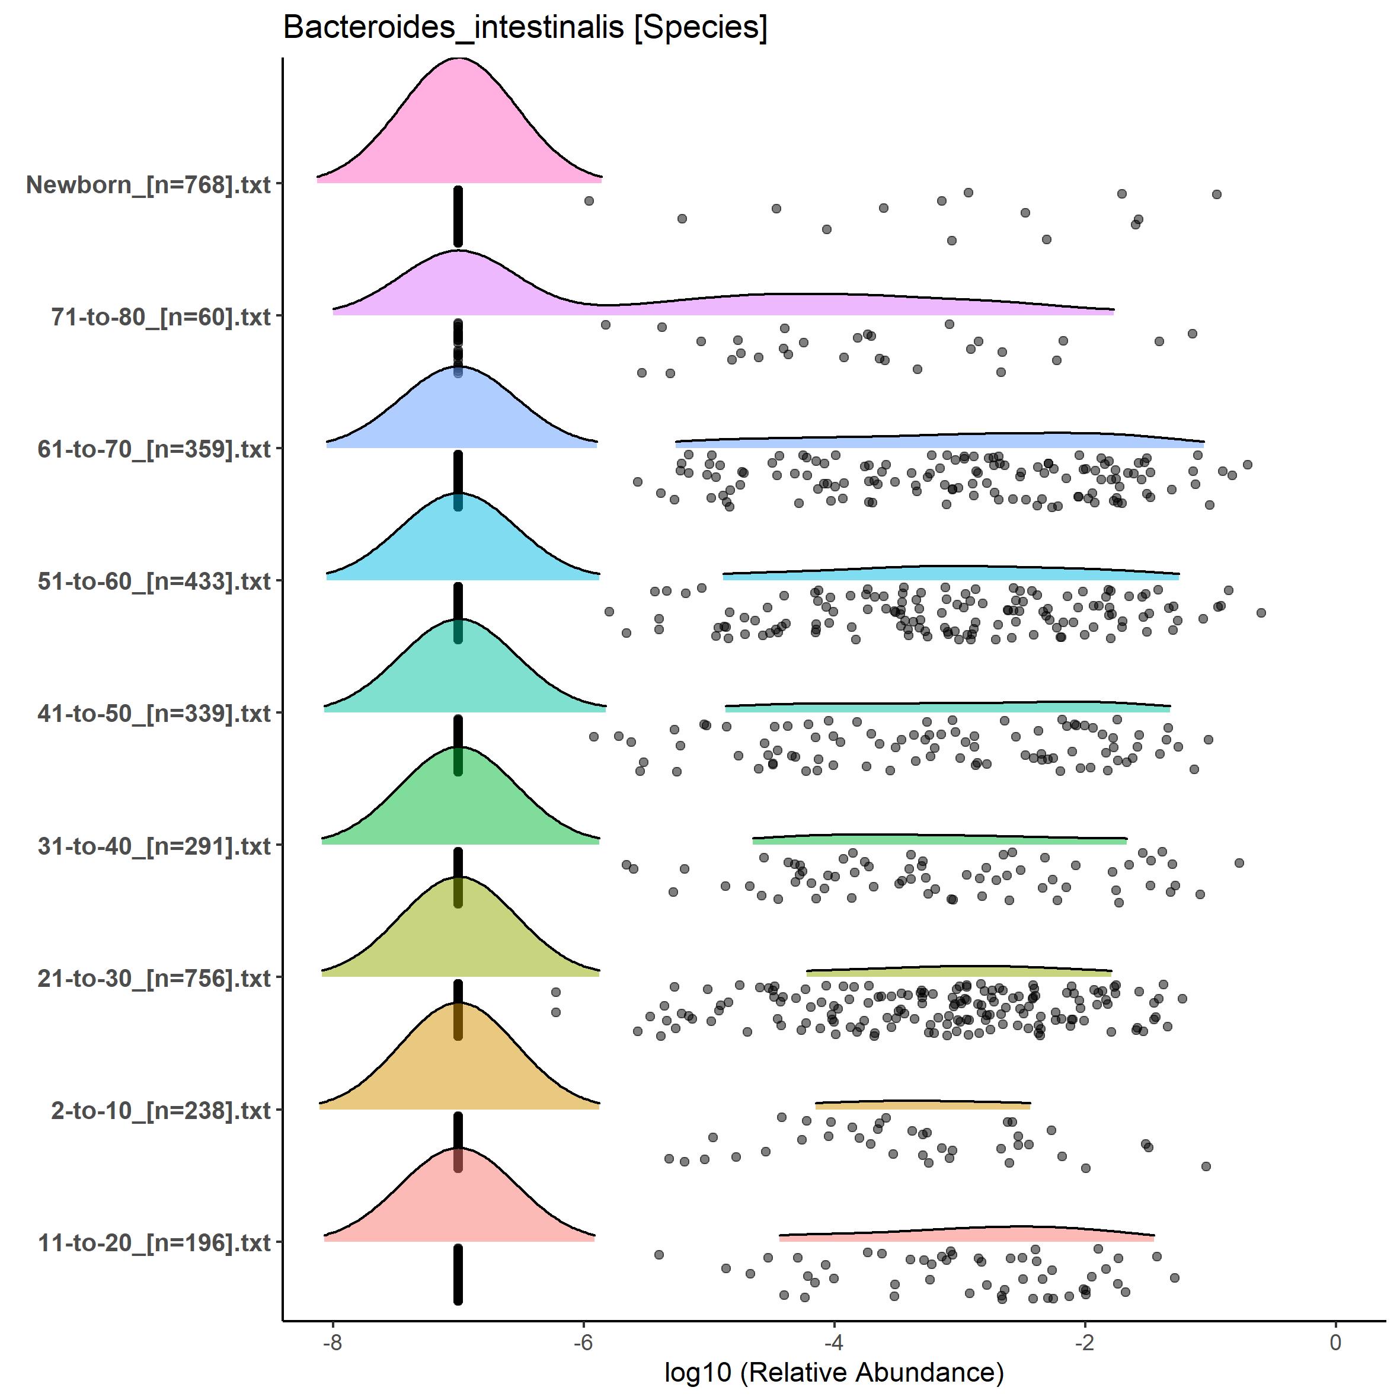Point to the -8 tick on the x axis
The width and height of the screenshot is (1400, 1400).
(x=333, y=1343)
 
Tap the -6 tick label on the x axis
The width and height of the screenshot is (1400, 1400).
(x=583, y=1343)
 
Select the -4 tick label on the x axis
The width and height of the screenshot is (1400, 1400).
(x=834, y=1343)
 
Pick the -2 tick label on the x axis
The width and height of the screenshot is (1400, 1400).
(x=1085, y=1343)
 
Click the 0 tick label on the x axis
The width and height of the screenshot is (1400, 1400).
(x=1335, y=1343)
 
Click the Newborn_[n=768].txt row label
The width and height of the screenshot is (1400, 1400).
(x=149, y=185)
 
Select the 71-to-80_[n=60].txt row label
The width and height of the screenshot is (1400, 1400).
(x=161, y=317)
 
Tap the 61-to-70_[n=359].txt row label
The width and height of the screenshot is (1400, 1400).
(x=154, y=449)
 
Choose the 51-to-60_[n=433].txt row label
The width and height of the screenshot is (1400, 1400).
(x=154, y=581)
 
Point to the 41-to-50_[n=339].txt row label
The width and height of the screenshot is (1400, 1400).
(x=154, y=714)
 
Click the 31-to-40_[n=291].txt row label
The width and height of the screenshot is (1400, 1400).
(x=154, y=846)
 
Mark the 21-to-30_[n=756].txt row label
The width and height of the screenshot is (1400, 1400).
(x=154, y=978)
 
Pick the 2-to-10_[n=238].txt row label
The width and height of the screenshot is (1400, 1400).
(x=161, y=1111)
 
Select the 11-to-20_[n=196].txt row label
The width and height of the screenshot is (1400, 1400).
(x=154, y=1243)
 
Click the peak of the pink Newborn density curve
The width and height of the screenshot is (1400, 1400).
(x=459, y=59)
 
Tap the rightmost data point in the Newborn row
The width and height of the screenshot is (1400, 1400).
(x=1217, y=194)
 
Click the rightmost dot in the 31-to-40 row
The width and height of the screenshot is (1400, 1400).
(x=1239, y=862)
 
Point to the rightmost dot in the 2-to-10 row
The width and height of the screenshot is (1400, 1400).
(x=1206, y=1166)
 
